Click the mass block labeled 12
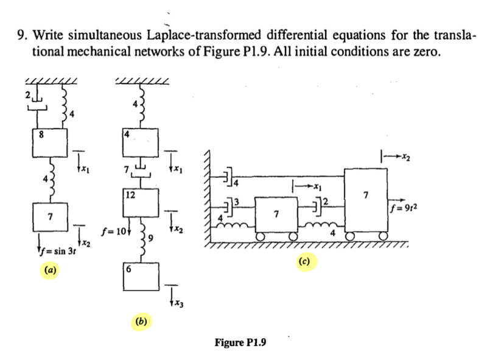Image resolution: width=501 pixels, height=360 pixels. click(141, 203)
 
